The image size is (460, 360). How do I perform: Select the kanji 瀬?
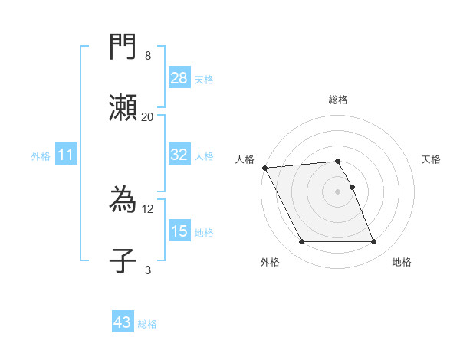(x=123, y=107)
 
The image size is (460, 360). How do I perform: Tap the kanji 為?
(x=123, y=201)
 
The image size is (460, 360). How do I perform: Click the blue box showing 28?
(x=179, y=77)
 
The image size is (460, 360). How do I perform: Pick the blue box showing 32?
(x=179, y=155)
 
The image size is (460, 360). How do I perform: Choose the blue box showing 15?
(x=179, y=231)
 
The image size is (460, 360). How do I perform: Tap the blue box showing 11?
(x=66, y=155)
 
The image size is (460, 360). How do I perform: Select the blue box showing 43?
(x=123, y=322)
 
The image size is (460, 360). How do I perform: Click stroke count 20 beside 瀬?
(x=148, y=116)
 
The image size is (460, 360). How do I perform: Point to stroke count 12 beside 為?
(x=148, y=208)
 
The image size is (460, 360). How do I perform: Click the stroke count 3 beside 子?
(x=148, y=270)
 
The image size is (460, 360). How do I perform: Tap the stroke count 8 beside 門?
(x=148, y=56)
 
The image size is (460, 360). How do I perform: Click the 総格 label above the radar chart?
(x=338, y=100)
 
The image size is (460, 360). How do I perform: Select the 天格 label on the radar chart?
(x=431, y=159)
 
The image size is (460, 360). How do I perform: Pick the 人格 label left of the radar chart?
(x=244, y=159)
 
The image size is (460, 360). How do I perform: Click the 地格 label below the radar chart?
(x=402, y=262)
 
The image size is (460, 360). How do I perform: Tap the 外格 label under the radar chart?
(x=270, y=262)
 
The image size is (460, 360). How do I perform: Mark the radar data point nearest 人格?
(x=264, y=168)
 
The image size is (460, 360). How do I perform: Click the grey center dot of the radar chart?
(x=338, y=191)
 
